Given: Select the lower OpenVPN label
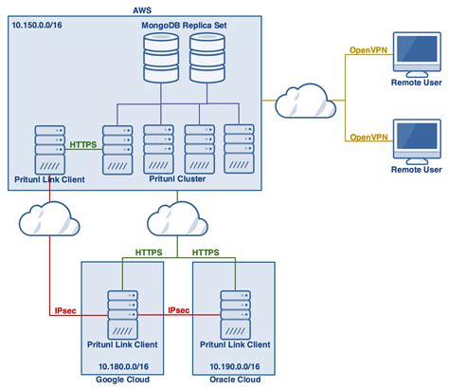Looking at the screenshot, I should tap(369, 137).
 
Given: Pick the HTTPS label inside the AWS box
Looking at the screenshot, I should tap(82, 144).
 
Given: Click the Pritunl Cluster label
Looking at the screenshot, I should tap(180, 177).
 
